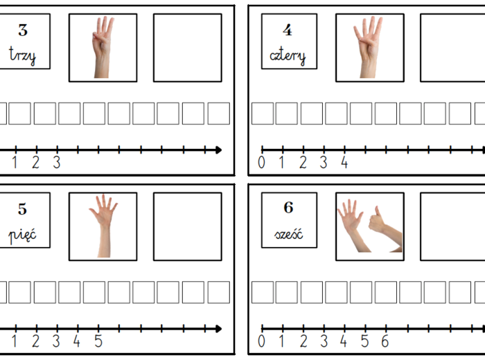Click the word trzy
pos(22,55)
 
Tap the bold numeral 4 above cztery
pos(288,30)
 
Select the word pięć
pos(22,235)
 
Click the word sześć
pos(289,234)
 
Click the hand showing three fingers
pos(103,47)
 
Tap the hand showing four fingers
pos(369,47)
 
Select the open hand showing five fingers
pos(103,226)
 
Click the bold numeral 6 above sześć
pos(289,208)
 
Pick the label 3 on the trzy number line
pos(57,162)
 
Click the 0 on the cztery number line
pos(261,162)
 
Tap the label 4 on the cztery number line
pos(344,162)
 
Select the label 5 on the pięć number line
pos(98,341)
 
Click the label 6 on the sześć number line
pos(385,341)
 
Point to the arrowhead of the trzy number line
pos(219,150)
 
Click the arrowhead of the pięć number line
pos(219,329)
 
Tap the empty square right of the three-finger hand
pos(188,48)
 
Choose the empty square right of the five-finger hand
pos(188,226)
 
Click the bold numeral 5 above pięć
pos(22,209)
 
